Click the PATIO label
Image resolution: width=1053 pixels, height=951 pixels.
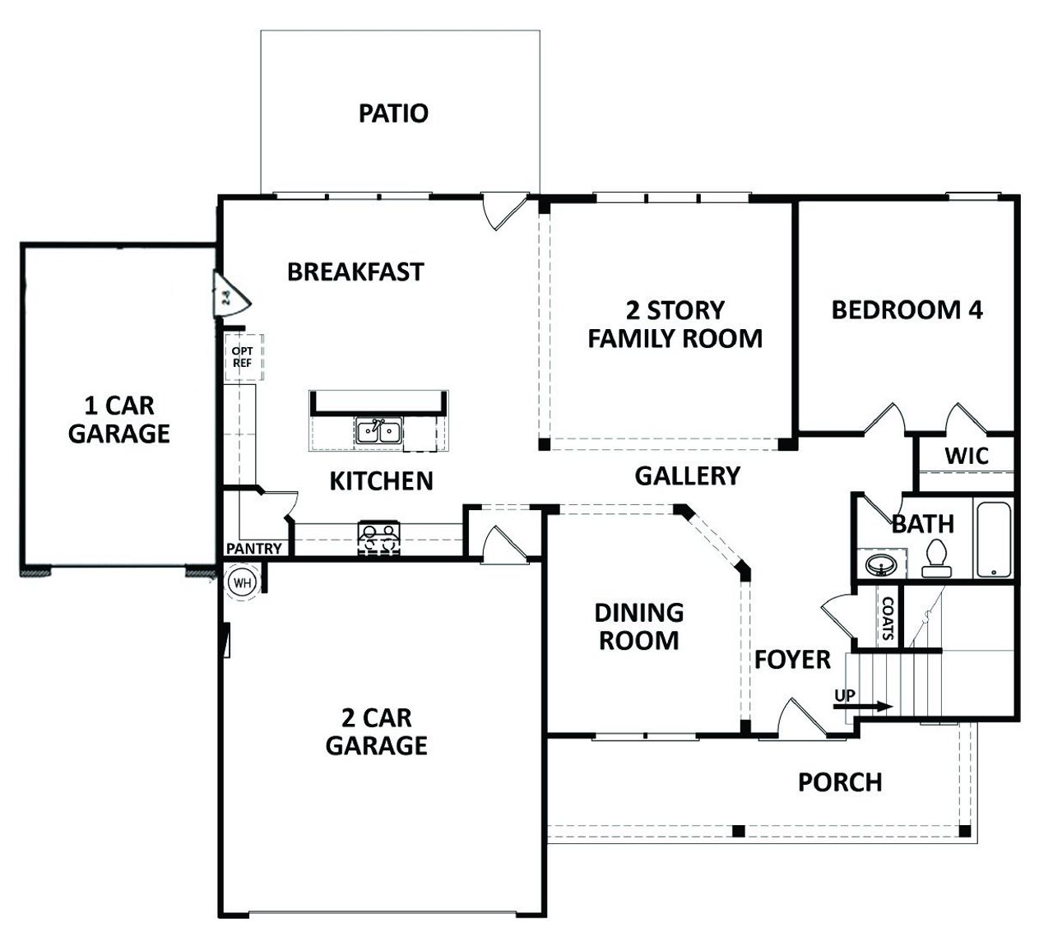coord(393,113)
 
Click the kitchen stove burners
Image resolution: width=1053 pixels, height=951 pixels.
coord(378,539)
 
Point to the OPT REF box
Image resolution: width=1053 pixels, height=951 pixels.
coord(243,357)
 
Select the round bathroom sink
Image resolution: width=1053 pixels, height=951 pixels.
coord(881,566)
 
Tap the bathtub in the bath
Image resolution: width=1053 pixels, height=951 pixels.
coord(993,540)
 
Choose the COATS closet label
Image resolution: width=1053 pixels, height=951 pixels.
coord(888,619)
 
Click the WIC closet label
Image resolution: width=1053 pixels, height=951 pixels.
coord(966,456)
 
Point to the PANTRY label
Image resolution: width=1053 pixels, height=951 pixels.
coord(254,549)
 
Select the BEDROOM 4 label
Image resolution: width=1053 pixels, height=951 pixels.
coord(907,310)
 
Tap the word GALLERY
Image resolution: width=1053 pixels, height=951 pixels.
coord(687,475)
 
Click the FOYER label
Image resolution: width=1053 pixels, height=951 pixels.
coord(792,660)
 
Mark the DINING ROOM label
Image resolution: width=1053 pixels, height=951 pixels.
coord(639,626)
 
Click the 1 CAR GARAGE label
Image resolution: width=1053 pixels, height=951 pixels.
coord(119,420)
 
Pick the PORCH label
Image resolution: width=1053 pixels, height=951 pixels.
coord(840,782)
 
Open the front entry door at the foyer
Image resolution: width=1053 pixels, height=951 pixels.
coord(800,720)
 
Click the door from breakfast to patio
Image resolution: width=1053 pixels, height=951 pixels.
coord(502,212)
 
